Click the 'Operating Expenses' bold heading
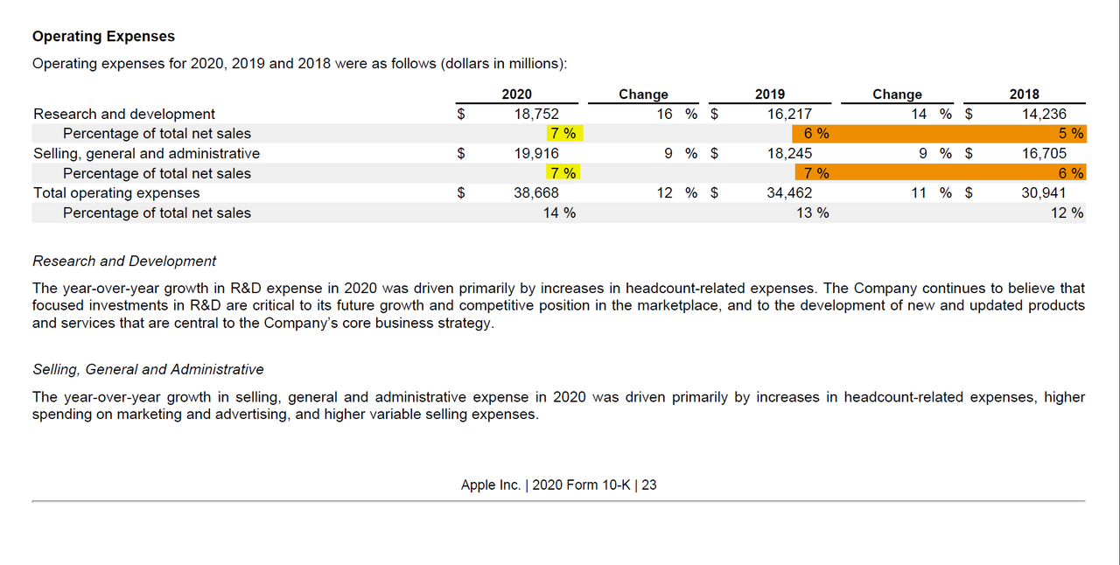point(103,37)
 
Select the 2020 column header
point(516,94)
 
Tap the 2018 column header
point(1024,94)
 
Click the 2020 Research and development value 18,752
point(535,114)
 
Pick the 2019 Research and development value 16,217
point(789,114)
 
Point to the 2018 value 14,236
point(1044,114)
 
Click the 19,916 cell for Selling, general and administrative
point(535,153)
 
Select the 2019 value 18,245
point(789,153)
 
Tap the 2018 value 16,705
point(1044,153)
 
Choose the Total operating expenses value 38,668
point(535,192)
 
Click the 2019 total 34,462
point(789,192)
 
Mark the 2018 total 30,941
point(1044,192)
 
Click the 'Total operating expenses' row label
point(116,192)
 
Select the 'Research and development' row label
point(124,114)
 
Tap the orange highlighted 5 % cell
point(1070,134)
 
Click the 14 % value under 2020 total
point(559,213)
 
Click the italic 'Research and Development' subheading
point(124,261)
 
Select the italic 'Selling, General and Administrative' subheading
point(148,369)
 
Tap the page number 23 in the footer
point(648,485)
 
